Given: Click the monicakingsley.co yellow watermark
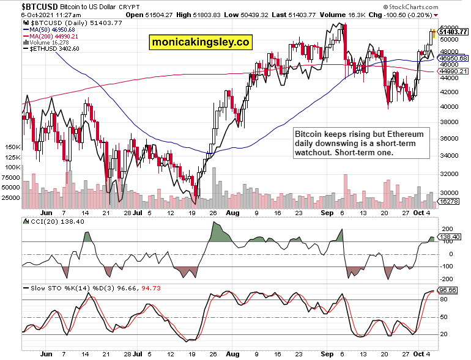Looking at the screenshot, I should click(x=200, y=42).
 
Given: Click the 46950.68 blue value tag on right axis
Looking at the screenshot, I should click(x=453, y=58).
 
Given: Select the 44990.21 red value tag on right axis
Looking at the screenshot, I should click(x=453, y=71).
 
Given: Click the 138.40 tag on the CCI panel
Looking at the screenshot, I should click(x=451, y=236).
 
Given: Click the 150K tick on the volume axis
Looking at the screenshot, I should click(x=12, y=147).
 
